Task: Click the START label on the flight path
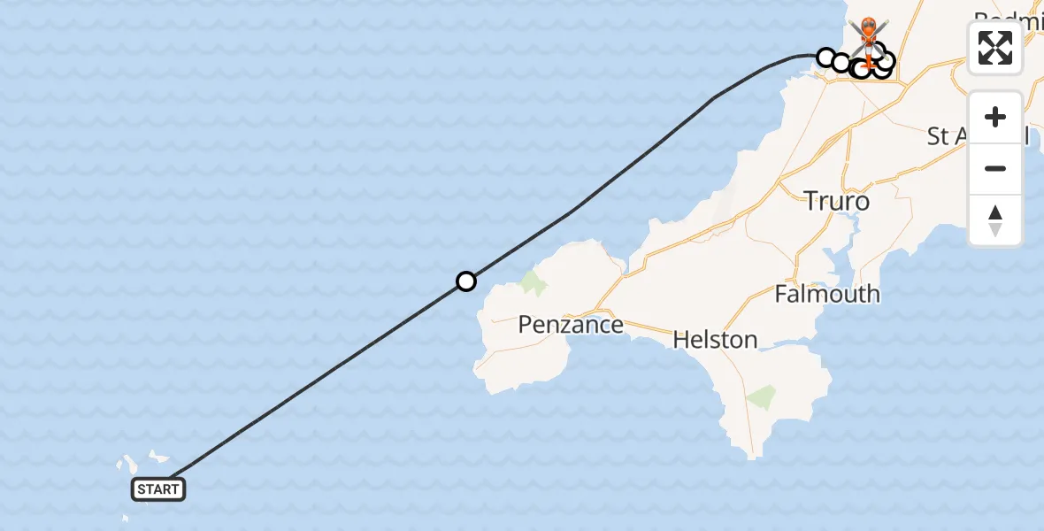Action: (x=159, y=489)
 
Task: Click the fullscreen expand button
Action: (x=995, y=48)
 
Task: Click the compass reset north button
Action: (x=995, y=220)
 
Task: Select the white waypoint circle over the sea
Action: (x=466, y=281)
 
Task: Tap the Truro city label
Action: (x=837, y=202)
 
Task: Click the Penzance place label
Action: (x=571, y=325)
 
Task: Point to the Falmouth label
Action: (x=827, y=294)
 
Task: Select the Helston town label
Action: (x=715, y=339)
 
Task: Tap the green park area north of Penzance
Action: (x=534, y=283)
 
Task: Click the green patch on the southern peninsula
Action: (x=761, y=397)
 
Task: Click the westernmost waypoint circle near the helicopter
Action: (x=825, y=58)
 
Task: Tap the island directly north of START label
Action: (x=158, y=458)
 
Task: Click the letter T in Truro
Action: (x=811, y=202)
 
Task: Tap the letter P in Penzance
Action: (x=526, y=325)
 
